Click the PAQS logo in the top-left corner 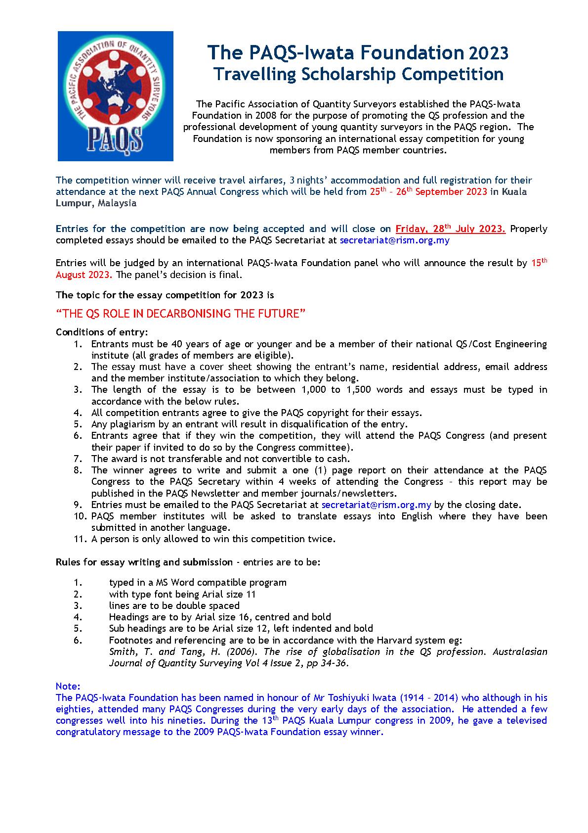coord(115,96)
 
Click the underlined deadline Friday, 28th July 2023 coord(450,229)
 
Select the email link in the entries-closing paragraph coord(394,240)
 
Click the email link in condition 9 coord(376,505)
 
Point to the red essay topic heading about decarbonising coord(181,314)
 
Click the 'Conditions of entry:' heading coord(102,331)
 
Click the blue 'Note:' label coord(68,686)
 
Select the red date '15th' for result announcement coord(539,263)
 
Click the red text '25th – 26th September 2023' coord(428,192)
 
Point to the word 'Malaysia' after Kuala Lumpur coord(117,203)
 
